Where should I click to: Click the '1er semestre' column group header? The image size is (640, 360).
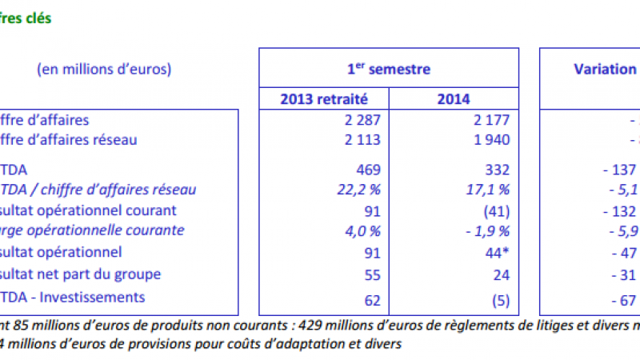(388, 69)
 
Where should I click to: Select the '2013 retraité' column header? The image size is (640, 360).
(324, 99)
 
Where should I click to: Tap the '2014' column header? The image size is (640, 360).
(454, 99)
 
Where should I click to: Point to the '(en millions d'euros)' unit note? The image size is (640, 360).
(104, 69)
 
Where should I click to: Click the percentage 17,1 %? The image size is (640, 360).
(485, 190)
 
